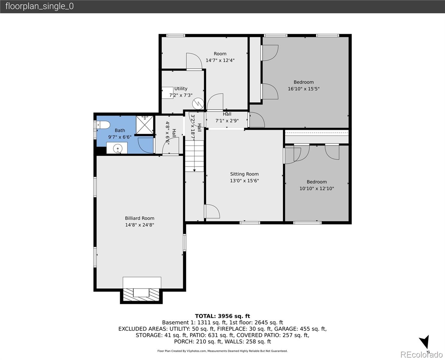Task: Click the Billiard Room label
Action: coord(139,218)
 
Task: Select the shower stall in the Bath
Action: coord(145,124)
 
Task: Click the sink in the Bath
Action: coord(118,148)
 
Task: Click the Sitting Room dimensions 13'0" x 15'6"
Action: coord(244,181)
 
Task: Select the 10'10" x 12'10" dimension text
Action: coord(316,188)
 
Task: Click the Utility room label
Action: coord(181,88)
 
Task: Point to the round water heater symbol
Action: coord(198,103)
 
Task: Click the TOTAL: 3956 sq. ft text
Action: coord(222,316)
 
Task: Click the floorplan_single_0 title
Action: coord(39,6)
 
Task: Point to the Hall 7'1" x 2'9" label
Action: coord(227,117)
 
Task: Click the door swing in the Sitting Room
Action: coord(212,211)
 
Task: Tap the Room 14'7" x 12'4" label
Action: coord(220,57)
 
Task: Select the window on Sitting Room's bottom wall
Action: coord(249,223)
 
